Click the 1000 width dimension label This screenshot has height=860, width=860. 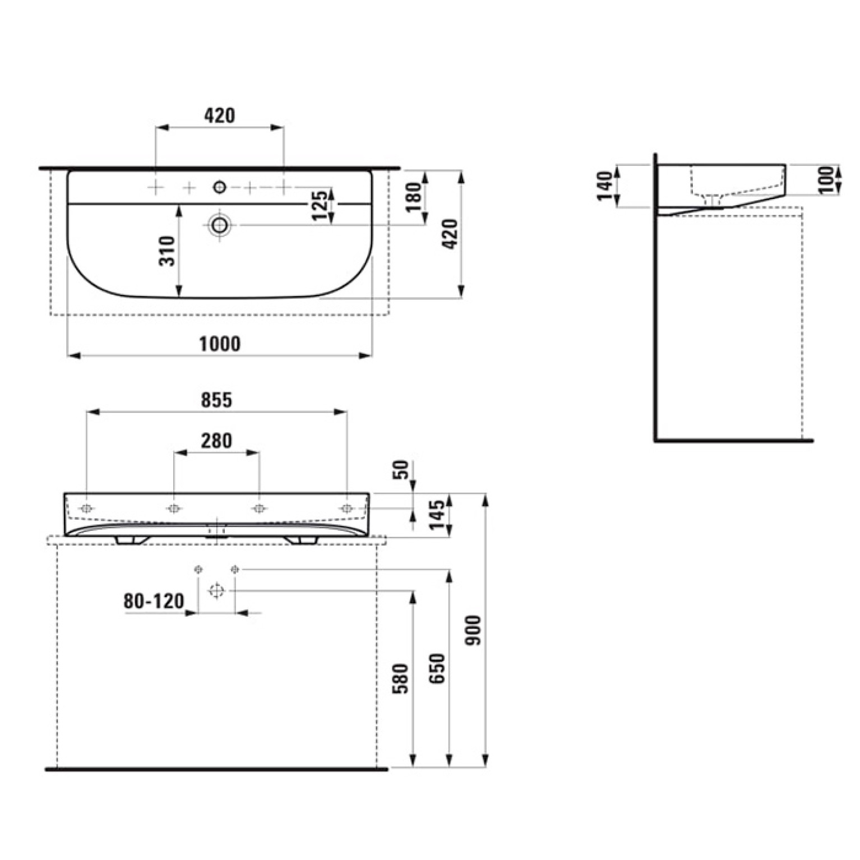(220, 344)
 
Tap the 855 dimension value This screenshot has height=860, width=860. (216, 400)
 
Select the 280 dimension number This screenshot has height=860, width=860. (216, 441)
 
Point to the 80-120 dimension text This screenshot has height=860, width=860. (154, 601)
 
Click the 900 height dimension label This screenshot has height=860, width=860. (474, 630)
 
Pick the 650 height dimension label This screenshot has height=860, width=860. (437, 668)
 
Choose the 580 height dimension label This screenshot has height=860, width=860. (400, 679)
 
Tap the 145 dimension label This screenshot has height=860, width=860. (437, 514)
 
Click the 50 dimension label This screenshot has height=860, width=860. (401, 470)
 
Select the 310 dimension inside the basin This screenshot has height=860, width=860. (168, 251)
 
